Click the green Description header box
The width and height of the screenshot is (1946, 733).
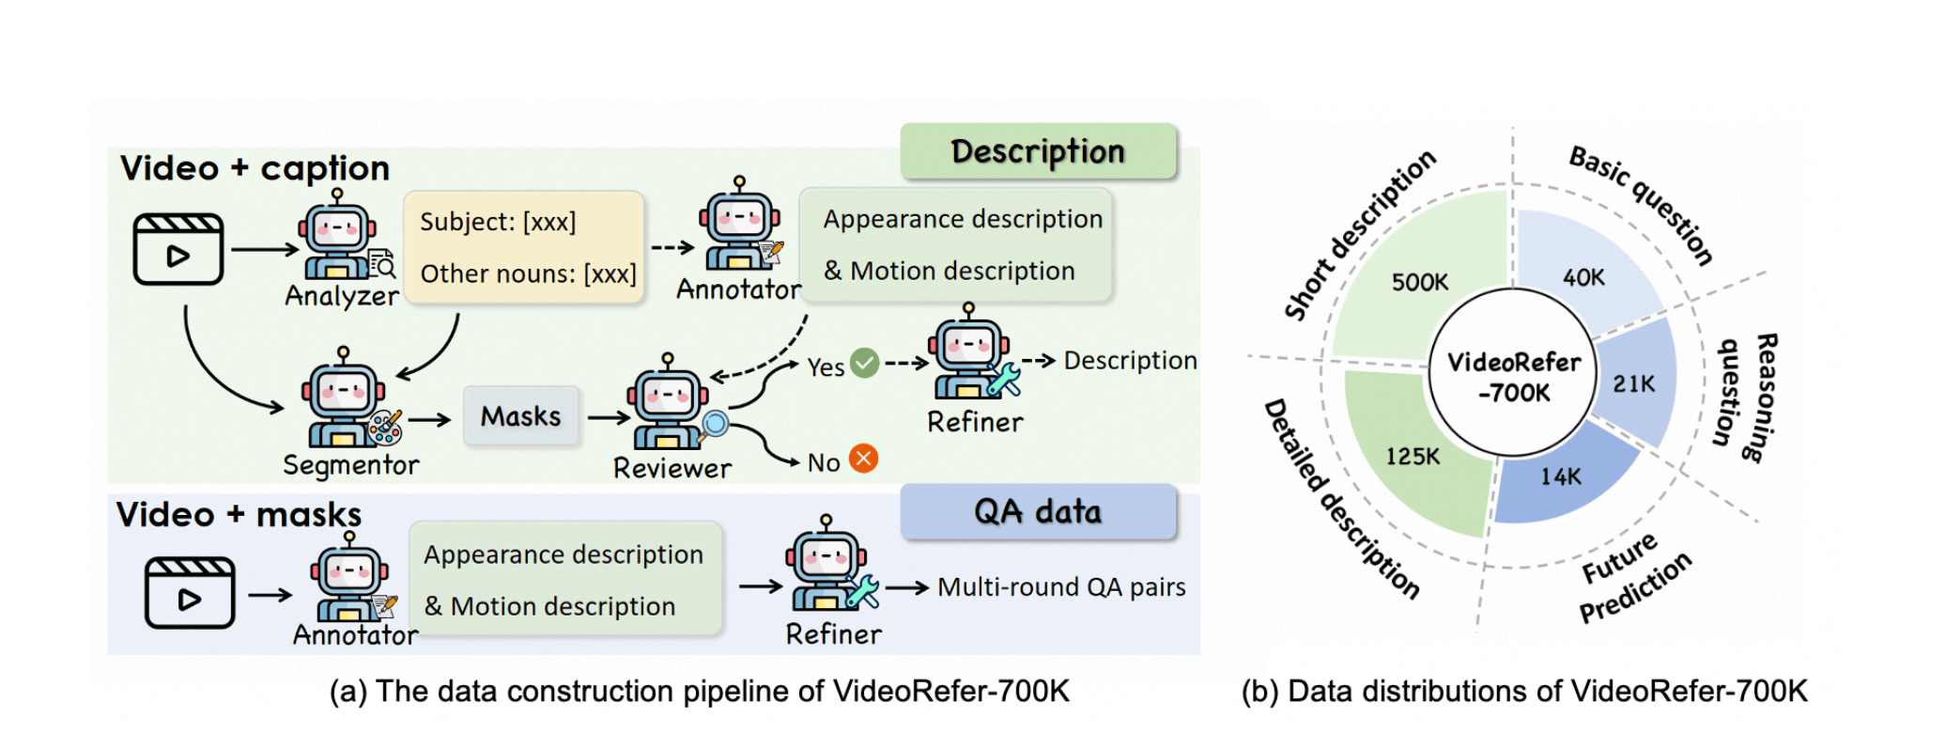(1038, 150)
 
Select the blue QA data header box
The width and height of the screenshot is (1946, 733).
(1038, 511)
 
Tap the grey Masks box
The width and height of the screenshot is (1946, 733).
(521, 415)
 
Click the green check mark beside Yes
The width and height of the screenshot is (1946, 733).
(864, 363)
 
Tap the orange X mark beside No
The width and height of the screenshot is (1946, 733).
(864, 459)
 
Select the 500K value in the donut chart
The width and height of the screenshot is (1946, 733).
(1420, 282)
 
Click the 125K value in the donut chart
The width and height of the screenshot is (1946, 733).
(1413, 457)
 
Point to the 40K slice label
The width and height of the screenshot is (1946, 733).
(1584, 278)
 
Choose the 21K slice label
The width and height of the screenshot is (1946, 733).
(1634, 383)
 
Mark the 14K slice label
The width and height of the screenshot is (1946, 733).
(1561, 476)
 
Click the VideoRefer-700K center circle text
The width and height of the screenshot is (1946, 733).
(1514, 377)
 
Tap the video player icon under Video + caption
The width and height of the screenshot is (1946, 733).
(178, 249)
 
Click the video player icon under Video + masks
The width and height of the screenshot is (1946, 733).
(190, 592)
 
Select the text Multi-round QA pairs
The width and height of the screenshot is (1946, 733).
(1061, 587)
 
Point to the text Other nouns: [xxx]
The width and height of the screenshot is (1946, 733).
(528, 273)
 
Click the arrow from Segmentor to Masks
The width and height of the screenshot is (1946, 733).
(429, 419)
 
